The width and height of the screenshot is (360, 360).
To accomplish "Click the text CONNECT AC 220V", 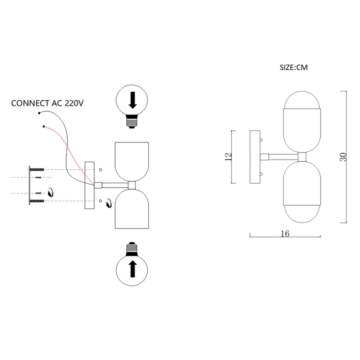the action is pos(47,103).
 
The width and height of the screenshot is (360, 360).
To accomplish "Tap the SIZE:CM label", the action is pos(294,68).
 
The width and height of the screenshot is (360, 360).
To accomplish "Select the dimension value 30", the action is pos(343,157).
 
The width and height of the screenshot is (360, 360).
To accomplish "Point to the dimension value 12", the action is pos(228,156).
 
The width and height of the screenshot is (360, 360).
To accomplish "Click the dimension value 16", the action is pos(285,234).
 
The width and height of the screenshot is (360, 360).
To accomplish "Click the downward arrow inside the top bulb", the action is pos(132,100).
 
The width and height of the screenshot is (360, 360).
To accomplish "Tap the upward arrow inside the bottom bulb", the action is pos(132,269).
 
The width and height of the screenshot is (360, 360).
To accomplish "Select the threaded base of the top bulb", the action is pos(132,122).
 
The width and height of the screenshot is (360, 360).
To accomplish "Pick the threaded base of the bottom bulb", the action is pos(132,248).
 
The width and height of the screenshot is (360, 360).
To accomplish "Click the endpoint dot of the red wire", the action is pos(44,126).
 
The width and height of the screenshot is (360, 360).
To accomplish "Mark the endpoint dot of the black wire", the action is pos(39,113).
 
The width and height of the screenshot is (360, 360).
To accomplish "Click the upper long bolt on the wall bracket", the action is pos(37,170).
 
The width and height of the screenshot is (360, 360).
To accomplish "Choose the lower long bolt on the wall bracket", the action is pos(37,201).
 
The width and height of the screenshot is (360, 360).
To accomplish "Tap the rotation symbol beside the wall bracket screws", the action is pos(51,192).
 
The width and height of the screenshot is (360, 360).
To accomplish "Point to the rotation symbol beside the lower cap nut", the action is pos(109,204).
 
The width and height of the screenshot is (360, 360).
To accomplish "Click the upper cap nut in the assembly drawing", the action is pos(100,170).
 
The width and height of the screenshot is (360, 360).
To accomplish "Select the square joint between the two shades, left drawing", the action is pos(132,185).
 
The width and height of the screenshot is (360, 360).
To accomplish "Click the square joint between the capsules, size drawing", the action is pos(302,157).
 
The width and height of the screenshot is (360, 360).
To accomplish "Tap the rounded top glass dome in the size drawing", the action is pos(302,100).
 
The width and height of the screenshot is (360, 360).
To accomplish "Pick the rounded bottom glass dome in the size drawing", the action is pos(302,214).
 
